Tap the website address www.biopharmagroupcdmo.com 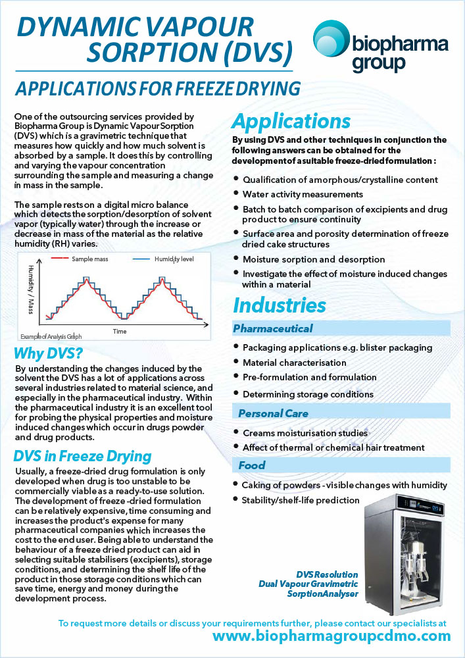332,636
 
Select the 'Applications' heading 291,122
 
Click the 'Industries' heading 280,305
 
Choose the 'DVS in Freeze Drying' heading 82,456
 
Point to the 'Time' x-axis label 119,331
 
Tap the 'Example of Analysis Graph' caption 51,336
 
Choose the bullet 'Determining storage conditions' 308,394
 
